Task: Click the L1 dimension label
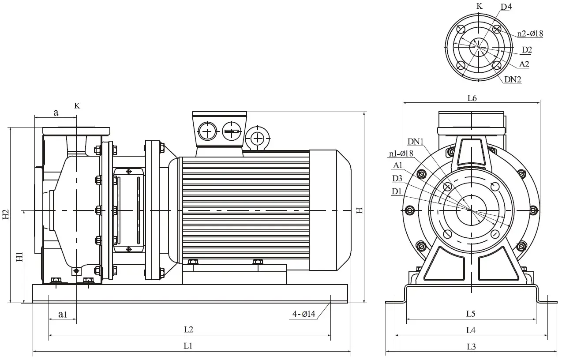(188, 346)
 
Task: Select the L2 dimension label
(189, 329)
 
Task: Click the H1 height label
(19, 257)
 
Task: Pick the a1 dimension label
(63, 314)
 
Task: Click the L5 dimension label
(471, 314)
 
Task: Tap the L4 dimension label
(471, 330)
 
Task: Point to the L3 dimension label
(471, 347)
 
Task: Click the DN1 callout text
(416, 142)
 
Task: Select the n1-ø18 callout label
(401, 154)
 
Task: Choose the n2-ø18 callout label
(530, 34)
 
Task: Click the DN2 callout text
(513, 79)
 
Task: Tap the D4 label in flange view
(506, 7)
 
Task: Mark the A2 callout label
(524, 64)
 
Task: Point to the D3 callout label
(397, 179)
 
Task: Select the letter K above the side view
(77, 106)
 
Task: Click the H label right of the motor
(360, 210)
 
